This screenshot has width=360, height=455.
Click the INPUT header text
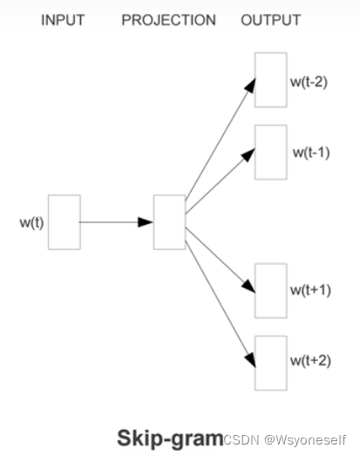point(62,20)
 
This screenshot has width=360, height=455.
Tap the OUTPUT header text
point(270,20)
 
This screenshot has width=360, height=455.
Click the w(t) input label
point(31,222)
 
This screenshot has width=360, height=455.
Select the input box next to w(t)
point(65,222)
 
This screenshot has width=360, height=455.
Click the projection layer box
point(169,222)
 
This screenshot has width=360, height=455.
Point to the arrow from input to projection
point(117,222)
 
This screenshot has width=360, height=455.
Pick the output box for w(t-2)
point(270,80)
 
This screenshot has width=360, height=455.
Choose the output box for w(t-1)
point(270,152)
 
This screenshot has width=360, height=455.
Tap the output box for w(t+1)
point(270,290)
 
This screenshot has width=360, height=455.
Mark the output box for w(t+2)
point(270,362)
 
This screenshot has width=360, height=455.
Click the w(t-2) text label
point(309,85)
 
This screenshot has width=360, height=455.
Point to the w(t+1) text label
point(311,289)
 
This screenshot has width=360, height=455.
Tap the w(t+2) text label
point(309,360)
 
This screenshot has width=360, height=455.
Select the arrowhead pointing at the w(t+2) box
point(250,357)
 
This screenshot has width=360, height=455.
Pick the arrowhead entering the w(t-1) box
point(249,153)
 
